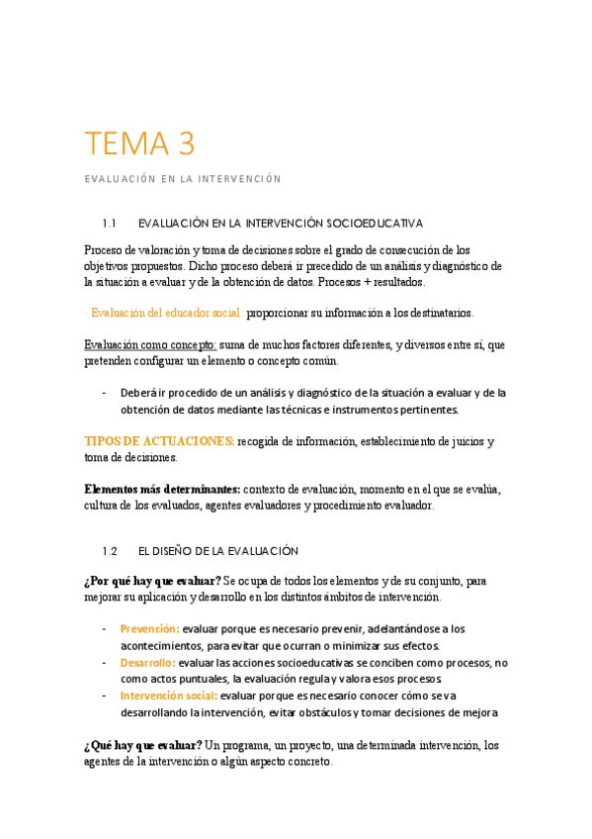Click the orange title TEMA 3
tap(139, 144)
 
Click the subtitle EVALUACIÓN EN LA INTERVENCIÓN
tap(183, 179)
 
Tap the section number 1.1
tap(109, 223)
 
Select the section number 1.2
tap(109, 550)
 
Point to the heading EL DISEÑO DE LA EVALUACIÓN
tap(217, 550)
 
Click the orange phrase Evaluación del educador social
tap(166, 313)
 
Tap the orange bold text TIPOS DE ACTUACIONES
tap(159, 440)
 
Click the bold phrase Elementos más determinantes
tap(162, 489)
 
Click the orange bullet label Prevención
tap(149, 628)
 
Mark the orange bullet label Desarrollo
tap(148, 662)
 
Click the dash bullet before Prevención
tap(105, 628)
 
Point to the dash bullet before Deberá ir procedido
tap(105, 393)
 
